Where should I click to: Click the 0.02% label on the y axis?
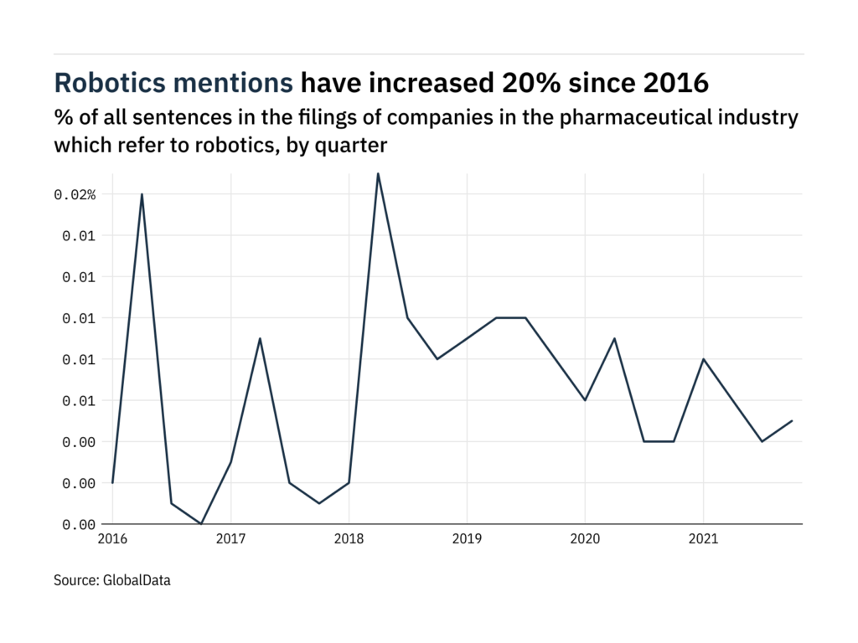(75, 194)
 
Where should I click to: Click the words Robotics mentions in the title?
(173, 84)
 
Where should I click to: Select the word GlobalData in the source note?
(137, 579)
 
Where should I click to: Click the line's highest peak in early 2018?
(378, 173)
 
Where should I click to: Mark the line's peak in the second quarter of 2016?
(142, 194)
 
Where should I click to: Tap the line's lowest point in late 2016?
(201, 523)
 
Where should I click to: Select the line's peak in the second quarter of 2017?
(260, 338)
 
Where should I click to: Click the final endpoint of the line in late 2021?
(792, 420)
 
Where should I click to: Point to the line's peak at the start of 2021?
(703, 359)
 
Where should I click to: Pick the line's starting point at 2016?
(112, 483)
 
